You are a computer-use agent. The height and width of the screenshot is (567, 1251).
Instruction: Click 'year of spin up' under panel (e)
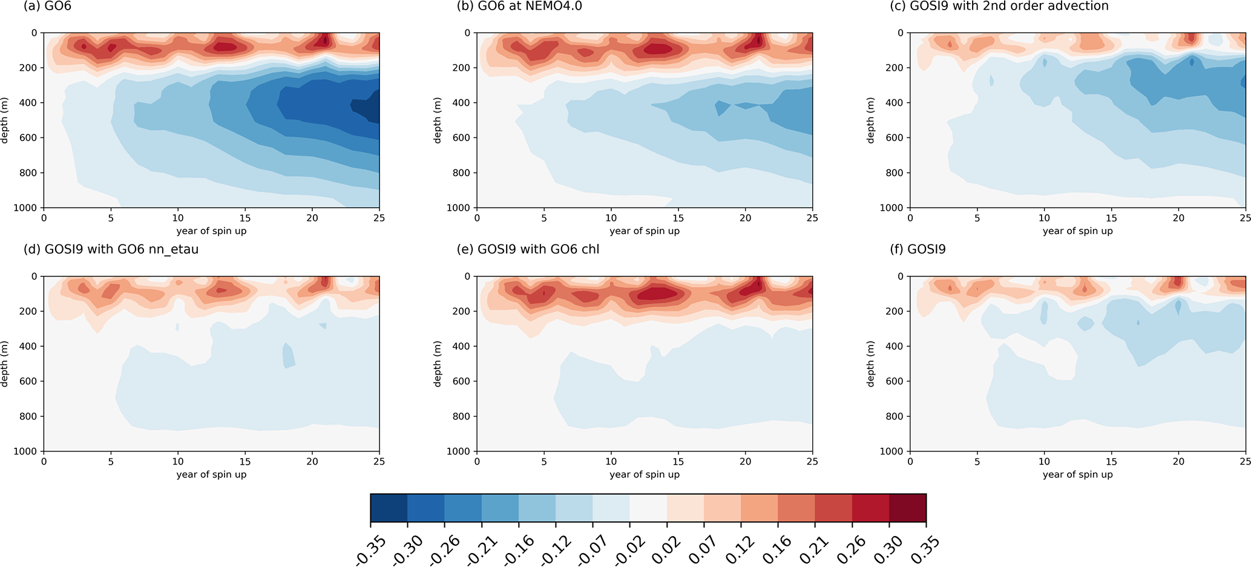[645, 474]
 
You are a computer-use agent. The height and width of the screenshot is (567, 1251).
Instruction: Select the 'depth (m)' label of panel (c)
[871, 120]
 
